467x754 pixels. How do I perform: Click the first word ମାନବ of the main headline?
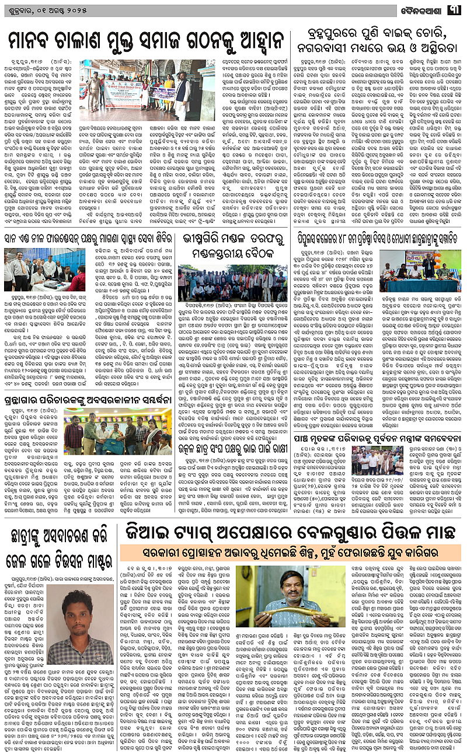(x=35, y=41)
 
